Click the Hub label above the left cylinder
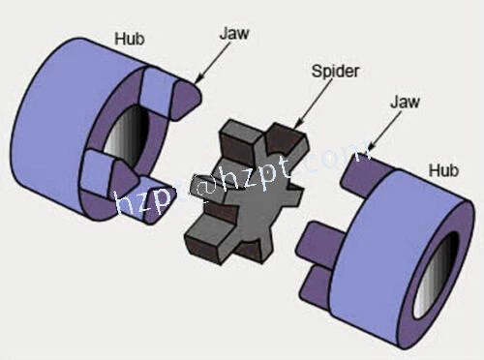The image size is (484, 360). coord(130,40)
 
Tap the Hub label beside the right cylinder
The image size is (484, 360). coord(443,170)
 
